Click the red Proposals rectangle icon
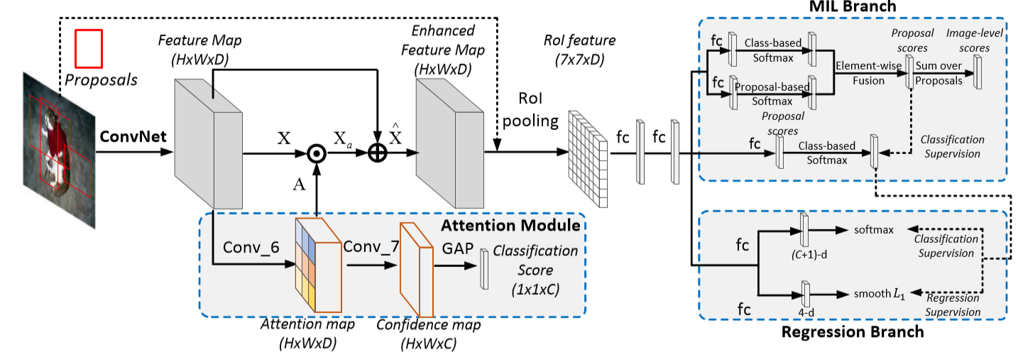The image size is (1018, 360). point(89,48)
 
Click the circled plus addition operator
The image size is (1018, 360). point(376,153)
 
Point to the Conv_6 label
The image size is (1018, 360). point(248,248)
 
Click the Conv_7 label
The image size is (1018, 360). point(369,248)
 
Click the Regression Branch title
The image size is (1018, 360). point(852,332)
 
